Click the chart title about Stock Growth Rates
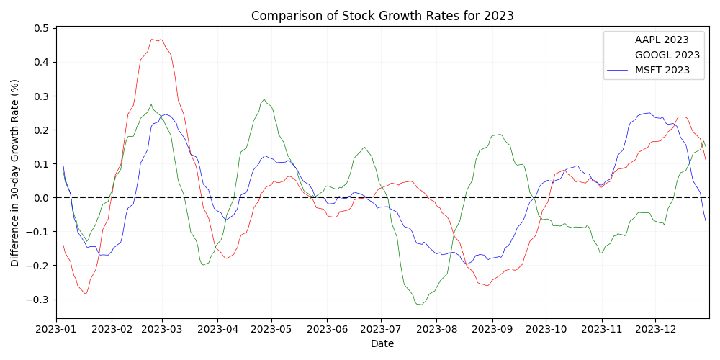click(382, 16)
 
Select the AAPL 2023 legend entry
click(661, 40)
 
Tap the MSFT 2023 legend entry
click(661, 70)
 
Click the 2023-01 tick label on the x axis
click(56, 328)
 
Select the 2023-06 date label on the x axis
click(327, 328)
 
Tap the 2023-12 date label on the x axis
click(655, 328)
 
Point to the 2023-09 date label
click(492, 328)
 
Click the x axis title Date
click(382, 344)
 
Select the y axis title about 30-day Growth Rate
click(15, 173)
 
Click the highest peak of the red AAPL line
click(152, 39)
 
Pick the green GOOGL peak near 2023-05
click(264, 99)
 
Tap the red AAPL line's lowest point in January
click(85, 294)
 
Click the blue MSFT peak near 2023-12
click(649, 112)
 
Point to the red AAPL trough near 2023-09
click(487, 286)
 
